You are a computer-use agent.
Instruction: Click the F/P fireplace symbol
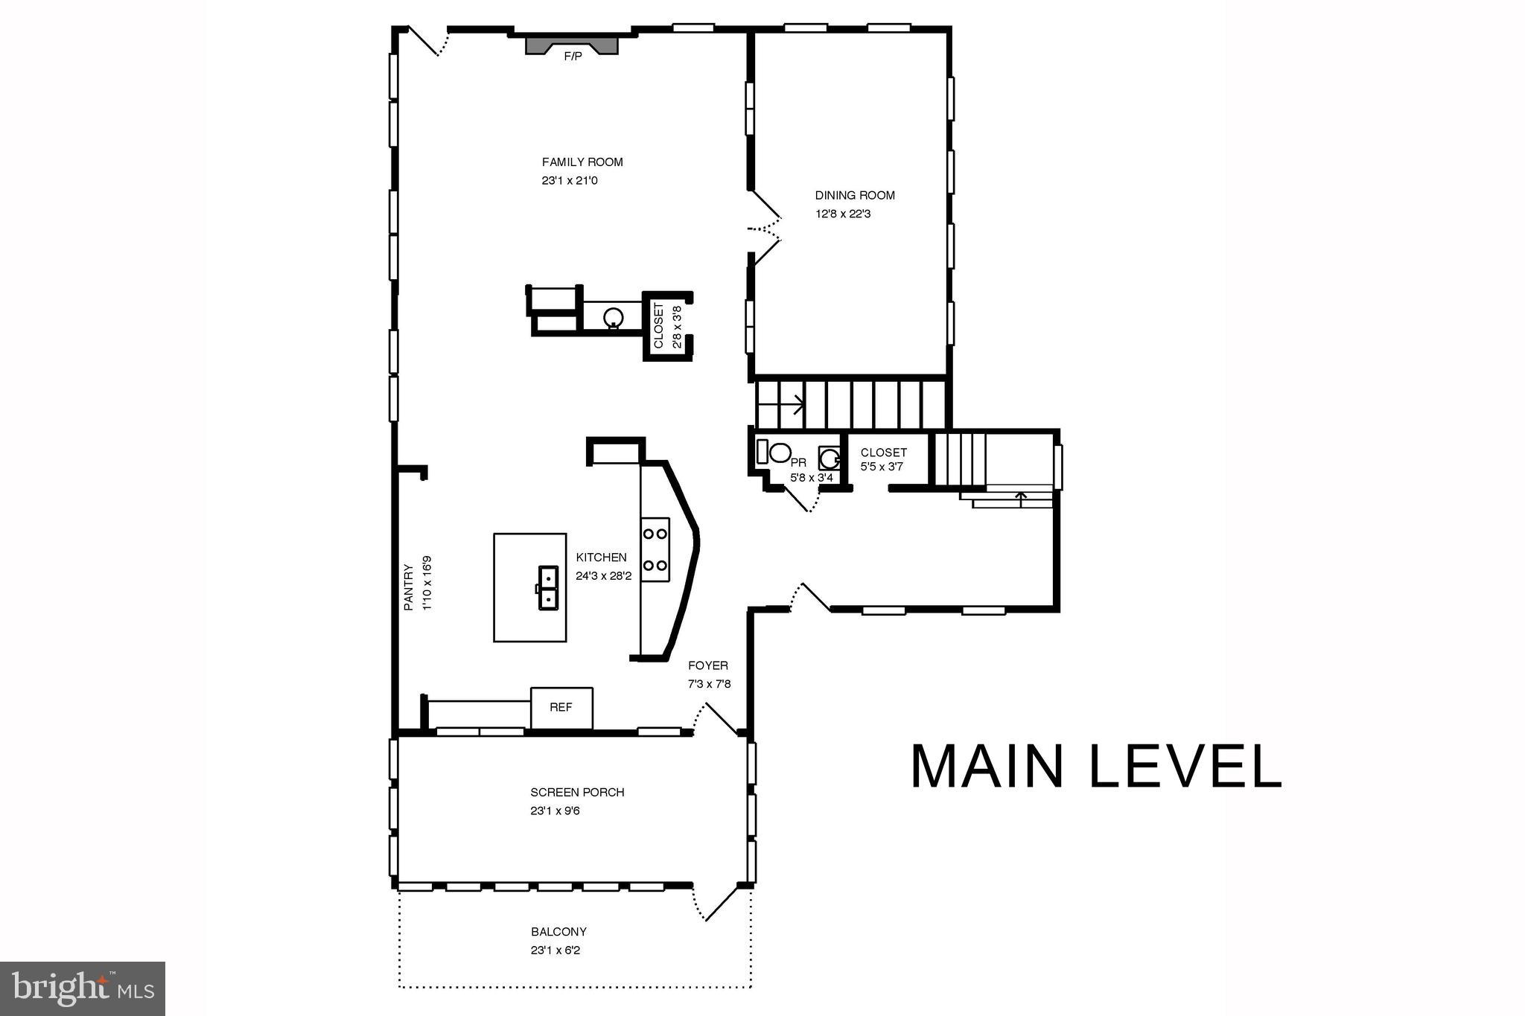pyautogui.click(x=572, y=45)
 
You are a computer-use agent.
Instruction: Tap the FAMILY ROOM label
pyautogui.click(x=582, y=162)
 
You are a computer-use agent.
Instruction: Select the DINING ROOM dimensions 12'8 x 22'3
pyautogui.click(x=843, y=214)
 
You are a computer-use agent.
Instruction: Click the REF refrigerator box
pyautogui.click(x=561, y=708)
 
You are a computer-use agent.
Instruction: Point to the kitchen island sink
pyautogui.click(x=548, y=588)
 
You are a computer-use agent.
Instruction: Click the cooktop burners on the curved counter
pyautogui.click(x=655, y=549)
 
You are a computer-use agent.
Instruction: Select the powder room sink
pyautogui.click(x=829, y=457)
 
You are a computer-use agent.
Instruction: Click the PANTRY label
pyautogui.click(x=409, y=587)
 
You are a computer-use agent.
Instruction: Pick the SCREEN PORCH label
pyautogui.click(x=577, y=792)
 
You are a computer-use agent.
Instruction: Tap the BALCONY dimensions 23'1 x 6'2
pyautogui.click(x=555, y=950)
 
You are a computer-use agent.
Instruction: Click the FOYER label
pyautogui.click(x=707, y=665)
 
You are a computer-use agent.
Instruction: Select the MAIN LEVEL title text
pyautogui.click(x=1095, y=767)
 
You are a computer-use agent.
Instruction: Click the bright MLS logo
pyautogui.click(x=83, y=988)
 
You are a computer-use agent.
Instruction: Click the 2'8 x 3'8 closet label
pyautogui.click(x=667, y=326)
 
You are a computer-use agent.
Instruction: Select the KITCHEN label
pyautogui.click(x=601, y=557)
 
